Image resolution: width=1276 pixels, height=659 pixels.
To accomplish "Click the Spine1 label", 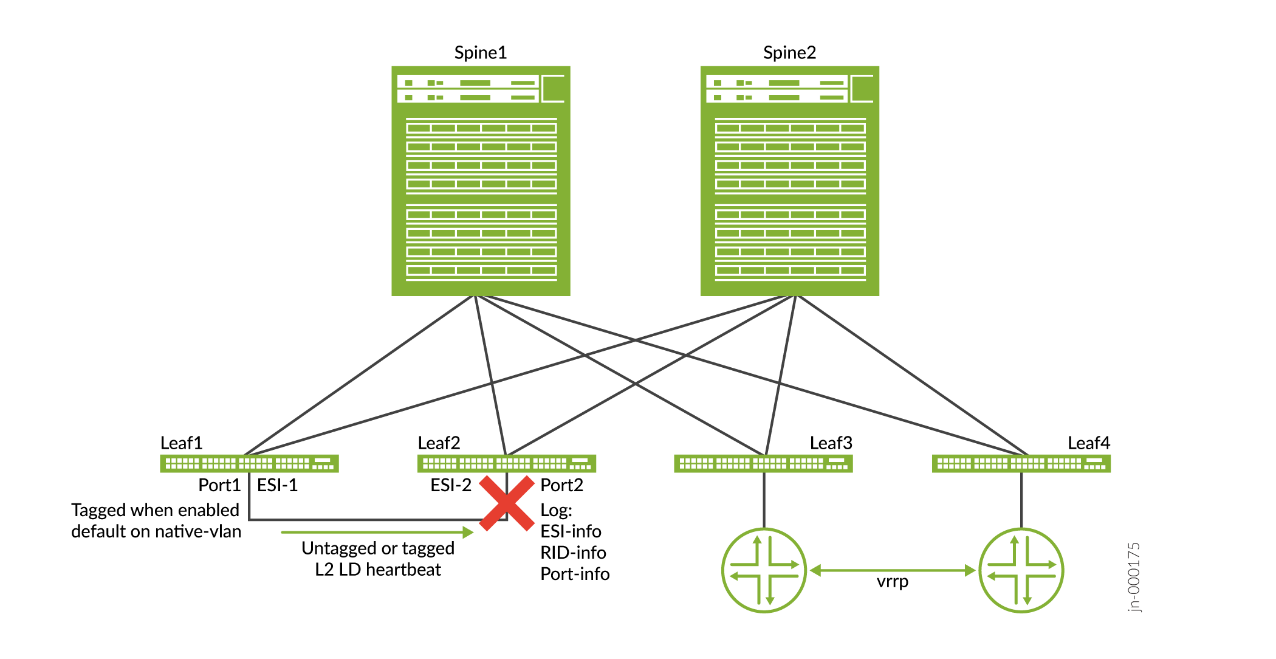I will click(480, 53).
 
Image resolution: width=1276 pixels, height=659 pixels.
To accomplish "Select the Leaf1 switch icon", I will click(249, 464).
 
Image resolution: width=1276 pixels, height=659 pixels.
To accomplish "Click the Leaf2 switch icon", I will click(506, 464).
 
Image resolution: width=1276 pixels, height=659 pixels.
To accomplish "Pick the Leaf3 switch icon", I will click(763, 464).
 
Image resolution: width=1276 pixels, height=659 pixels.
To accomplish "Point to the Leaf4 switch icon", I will click(1021, 464).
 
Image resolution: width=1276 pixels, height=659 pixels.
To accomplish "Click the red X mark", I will click(506, 503).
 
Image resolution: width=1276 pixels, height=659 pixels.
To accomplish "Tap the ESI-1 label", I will click(277, 485).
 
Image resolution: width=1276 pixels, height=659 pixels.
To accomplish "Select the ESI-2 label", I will click(451, 485).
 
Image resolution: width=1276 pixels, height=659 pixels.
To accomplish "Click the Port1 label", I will click(219, 485).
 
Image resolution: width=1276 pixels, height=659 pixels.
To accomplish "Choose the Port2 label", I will click(561, 485).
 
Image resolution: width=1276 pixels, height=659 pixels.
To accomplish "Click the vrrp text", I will click(892, 582).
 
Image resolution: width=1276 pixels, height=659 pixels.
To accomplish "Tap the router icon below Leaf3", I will click(764, 570).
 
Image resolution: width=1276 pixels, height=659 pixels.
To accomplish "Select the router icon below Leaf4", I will click(1021, 570).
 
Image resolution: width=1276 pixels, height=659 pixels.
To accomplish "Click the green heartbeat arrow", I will click(377, 533).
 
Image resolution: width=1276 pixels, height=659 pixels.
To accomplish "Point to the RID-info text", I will click(573, 553).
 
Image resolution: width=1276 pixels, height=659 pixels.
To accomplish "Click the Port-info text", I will click(575, 574).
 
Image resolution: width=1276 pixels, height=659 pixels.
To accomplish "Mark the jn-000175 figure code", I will click(1134, 577).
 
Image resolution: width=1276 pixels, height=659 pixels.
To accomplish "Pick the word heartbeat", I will click(403, 570).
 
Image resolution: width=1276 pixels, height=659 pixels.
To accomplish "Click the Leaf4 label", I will click(1088, 443).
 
